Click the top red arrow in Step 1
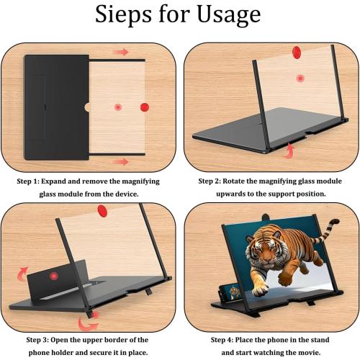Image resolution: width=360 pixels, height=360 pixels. point(122,53)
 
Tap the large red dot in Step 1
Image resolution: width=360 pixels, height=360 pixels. point(144,107)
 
